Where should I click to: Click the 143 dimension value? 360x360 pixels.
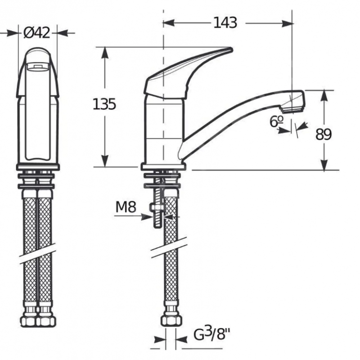[x=225, y=23]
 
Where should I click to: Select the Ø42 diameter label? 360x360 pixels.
[x=37, y=33]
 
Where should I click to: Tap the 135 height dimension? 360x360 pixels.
[x=104, y=104]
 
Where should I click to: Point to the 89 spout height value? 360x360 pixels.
[x=324, y=134]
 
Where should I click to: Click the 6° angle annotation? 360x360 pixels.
[x=277, y=121]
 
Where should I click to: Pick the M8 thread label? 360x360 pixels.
[x=126, y=207]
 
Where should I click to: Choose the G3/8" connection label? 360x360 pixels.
[x=212, y=334]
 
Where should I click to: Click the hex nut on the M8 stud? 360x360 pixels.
[x=157, y=207]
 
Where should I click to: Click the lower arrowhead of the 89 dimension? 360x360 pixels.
[x=324, y=165]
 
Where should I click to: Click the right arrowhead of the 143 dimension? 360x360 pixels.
[x=288, y=23]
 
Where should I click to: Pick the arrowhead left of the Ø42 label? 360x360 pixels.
[x=12, y=33]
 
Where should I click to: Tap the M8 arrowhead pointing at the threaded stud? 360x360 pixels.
[x=147, y=216]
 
